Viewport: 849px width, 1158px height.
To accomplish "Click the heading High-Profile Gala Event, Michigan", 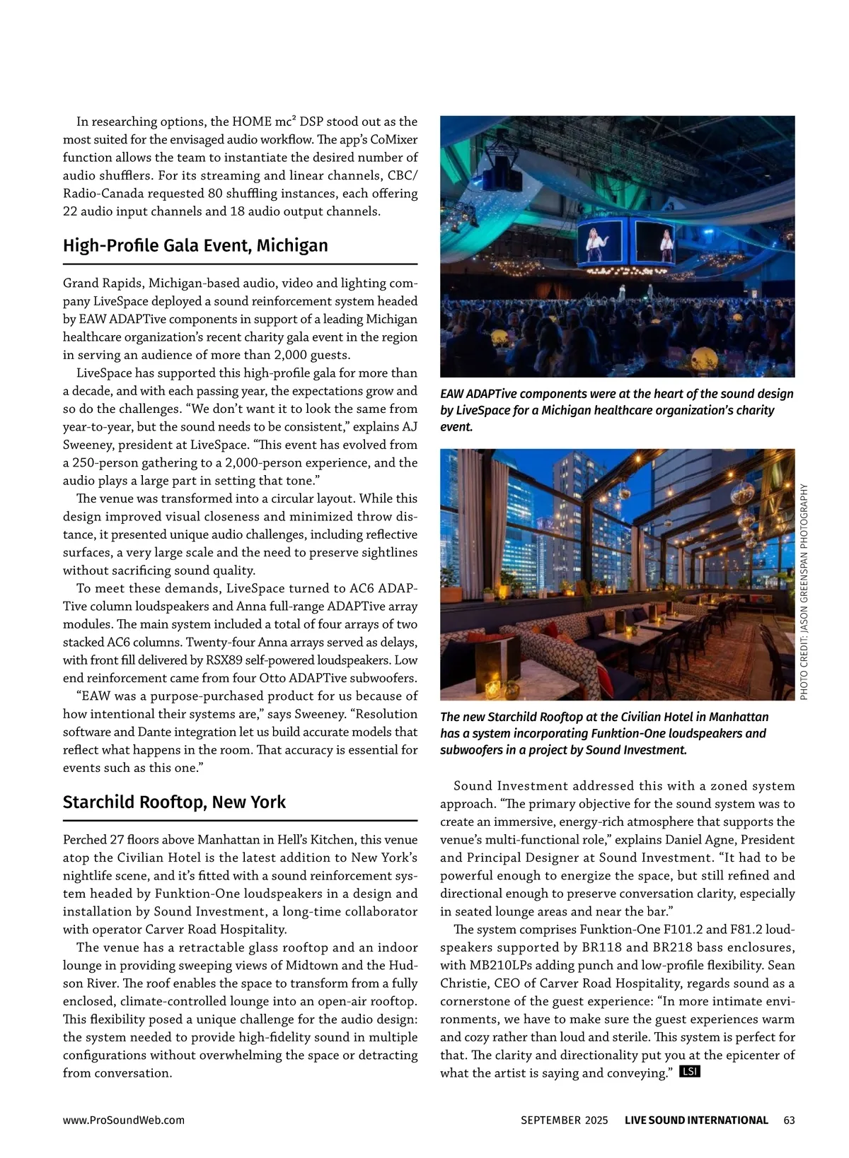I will coord(195,246).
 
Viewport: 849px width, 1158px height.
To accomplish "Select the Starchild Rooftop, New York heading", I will coord(174,802).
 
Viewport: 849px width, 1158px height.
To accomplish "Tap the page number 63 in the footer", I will coord(790,1121).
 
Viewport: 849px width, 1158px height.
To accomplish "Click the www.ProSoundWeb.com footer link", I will coord(124,1121).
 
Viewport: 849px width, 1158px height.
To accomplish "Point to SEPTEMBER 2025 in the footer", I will coord(564,1121).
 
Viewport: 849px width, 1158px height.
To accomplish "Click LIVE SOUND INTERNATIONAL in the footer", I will coord(696,1121).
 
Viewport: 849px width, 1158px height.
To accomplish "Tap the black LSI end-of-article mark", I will coord(689,1072).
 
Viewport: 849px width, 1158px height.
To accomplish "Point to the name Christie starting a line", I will coord(463,983).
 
